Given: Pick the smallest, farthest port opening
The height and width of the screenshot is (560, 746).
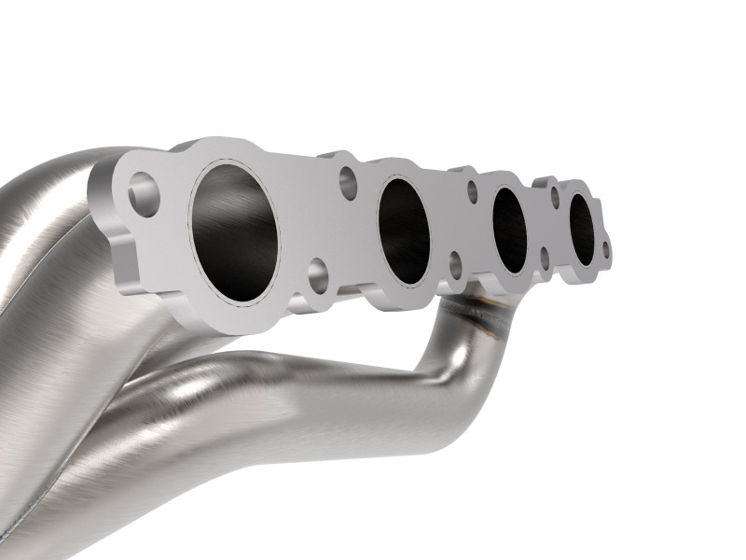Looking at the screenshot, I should pos(582,230).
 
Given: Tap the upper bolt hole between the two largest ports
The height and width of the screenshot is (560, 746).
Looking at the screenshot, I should pos(348,183).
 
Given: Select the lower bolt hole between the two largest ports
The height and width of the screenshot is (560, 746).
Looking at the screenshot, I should pos(318,273).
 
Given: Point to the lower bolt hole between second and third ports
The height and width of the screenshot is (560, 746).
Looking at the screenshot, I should pos(456,264).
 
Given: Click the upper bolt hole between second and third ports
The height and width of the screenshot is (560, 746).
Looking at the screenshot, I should pos(472,192).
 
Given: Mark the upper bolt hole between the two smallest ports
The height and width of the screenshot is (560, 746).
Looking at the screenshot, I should pos(554,197).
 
